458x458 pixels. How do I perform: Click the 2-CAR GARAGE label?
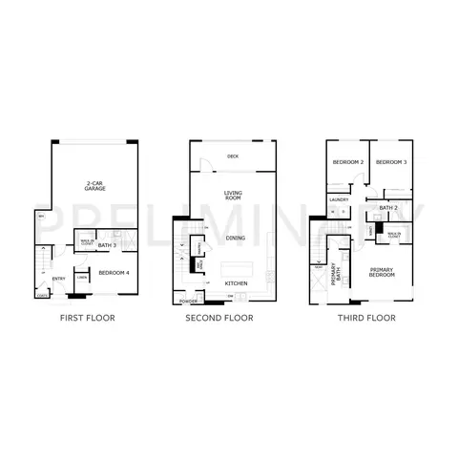(x=94, y=187)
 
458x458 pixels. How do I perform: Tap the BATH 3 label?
(x=107, y=246)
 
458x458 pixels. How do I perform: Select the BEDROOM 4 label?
(x=114, y=273)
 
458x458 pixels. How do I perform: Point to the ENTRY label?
(x=58, y=280)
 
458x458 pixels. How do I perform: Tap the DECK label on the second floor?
(x=232, y=156)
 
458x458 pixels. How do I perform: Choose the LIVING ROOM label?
(x=233, y=196)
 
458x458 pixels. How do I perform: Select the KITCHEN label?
(x=236, y=283)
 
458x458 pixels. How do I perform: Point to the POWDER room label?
(x=188, y=301)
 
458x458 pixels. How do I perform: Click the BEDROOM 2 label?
(x=348, y=162)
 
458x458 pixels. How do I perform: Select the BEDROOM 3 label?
(x=391, y=162)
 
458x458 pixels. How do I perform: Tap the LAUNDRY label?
(x=339, y=199)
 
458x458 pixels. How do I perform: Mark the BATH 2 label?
(x=388, y=207)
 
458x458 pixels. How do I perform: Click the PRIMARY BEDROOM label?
(x=384, y=274)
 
